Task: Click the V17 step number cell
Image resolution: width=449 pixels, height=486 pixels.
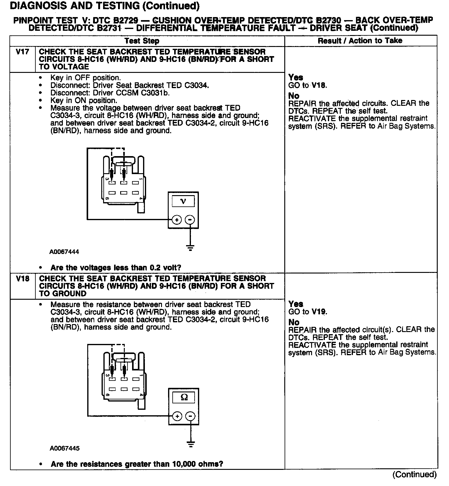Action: tap(23, 52)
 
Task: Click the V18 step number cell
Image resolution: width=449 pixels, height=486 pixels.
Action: tap(23, 279)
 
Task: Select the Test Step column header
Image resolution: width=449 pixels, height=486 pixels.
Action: tap(142, 41)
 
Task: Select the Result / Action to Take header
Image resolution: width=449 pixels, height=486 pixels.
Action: tap(360, 41)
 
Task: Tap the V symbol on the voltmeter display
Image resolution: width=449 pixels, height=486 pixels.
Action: tap(183, 201)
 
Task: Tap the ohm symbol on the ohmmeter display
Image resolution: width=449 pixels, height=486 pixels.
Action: tap(184, 397)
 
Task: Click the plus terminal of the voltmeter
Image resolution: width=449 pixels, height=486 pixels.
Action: tap(177, 220)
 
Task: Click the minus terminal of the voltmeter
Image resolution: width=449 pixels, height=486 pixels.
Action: tap(190, 220)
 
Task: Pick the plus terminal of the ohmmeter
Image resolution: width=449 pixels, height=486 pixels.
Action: tap(177, 416)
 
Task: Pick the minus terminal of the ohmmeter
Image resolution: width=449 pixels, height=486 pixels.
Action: tap(191, 416)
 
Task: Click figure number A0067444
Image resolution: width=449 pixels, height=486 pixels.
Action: tap(64, 252)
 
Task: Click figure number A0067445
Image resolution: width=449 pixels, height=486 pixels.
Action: tap(64, 448)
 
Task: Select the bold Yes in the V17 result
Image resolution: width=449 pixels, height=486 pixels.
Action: tap(296, 77)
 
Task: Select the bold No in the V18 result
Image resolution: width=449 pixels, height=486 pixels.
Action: tap(294, 322)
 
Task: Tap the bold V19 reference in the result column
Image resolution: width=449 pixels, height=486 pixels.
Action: tap(318, 312)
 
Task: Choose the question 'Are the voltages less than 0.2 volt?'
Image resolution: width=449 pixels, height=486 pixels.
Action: tap(116, 268)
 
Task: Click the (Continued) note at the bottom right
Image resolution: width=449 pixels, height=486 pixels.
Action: tap(415, 474)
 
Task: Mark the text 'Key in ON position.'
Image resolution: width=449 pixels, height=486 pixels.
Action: tap(84, 100)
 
